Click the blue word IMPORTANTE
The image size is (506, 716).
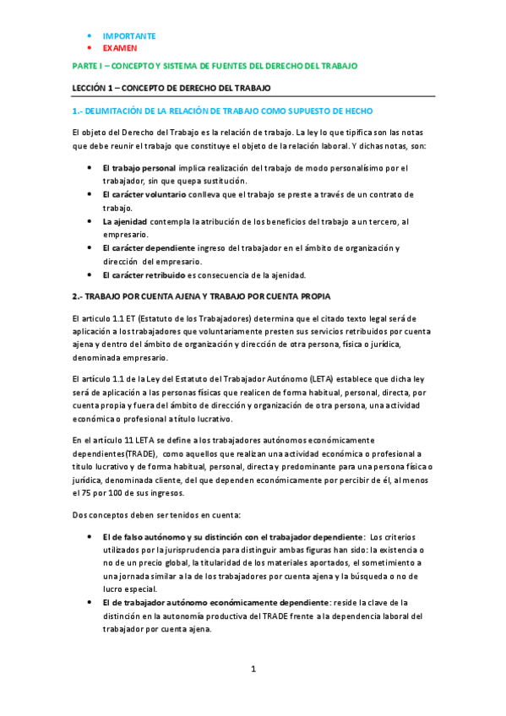(x=128, y=36)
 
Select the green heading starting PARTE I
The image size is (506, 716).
(x=215, y=66)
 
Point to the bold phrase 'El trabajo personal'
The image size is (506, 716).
(x=139, y=168)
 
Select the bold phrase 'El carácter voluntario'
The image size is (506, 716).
(x=144, y=194)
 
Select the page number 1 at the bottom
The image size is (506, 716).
(x=253, y=670)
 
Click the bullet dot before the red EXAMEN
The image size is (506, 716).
(x=90, y=49)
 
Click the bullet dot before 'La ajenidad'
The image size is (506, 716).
(x=90, y=221)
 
